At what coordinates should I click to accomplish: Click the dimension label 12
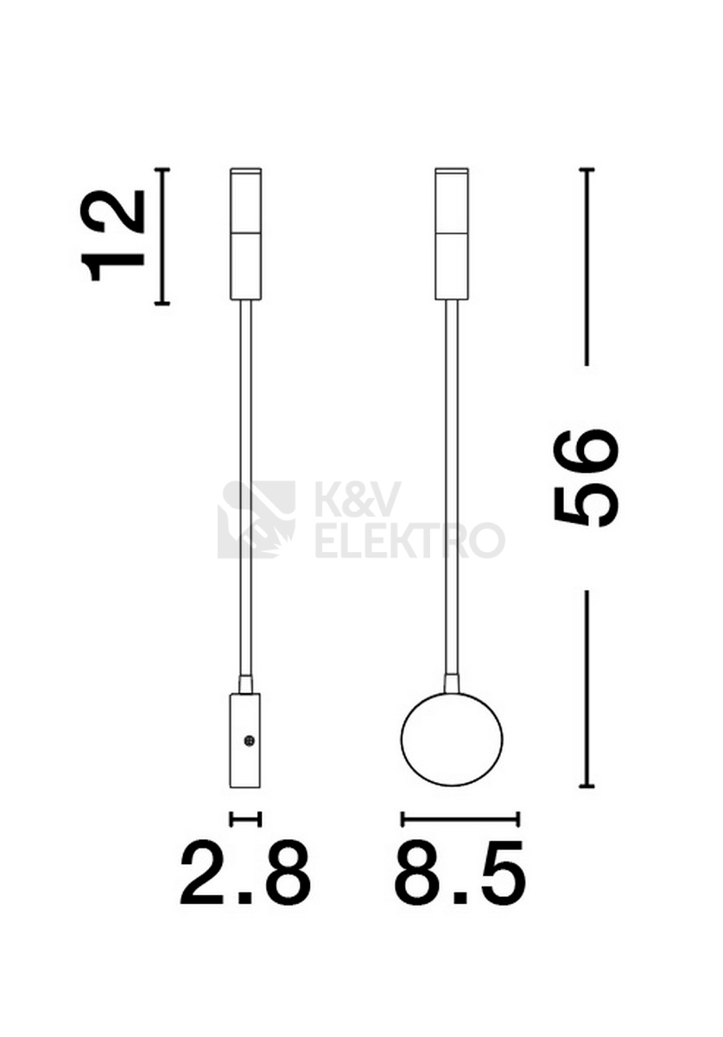(x=112, y=236)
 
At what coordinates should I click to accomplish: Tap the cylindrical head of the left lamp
(x=246, y=234)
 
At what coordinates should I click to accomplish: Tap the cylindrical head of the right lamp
(x=453, y=234)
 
